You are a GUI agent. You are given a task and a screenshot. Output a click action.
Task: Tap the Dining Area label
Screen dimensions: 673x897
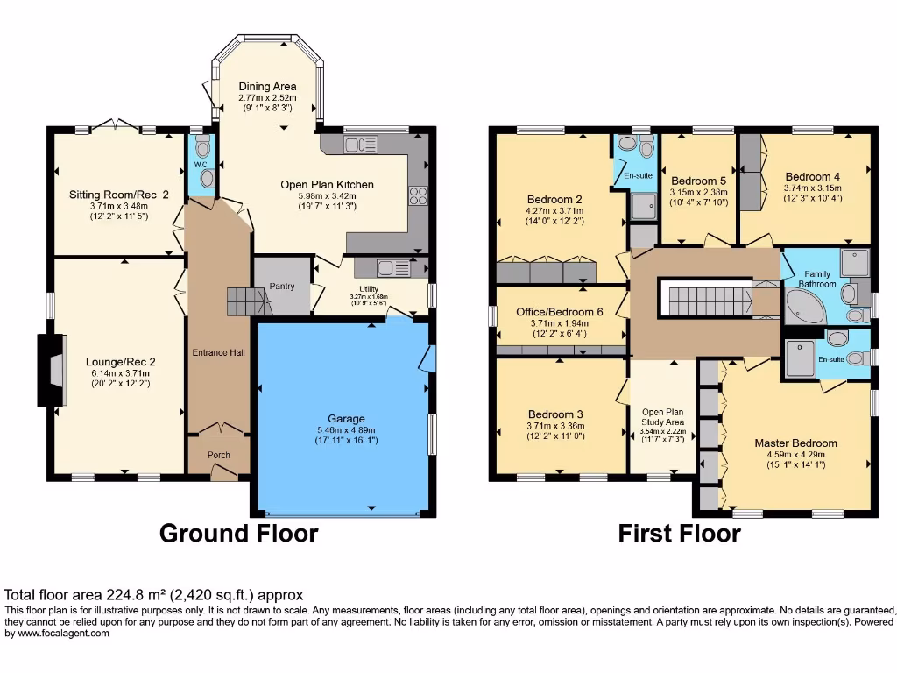(267, 86)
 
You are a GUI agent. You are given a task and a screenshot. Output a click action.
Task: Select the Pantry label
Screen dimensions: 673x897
(282, 287)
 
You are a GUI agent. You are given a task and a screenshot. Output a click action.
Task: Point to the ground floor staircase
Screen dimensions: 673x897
(246, 302)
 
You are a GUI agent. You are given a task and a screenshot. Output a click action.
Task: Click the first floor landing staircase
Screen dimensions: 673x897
(704, 300)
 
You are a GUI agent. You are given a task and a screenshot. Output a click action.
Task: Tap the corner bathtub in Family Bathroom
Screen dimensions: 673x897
(805, 308)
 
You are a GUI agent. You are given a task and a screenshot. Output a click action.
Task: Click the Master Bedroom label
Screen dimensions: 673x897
(795, 443)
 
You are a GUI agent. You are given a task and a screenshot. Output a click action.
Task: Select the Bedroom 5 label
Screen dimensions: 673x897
(698, 181)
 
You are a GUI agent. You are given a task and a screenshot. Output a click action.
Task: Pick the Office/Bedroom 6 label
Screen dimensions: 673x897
(560, 311)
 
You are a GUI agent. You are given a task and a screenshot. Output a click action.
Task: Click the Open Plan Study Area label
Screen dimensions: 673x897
(662, 417)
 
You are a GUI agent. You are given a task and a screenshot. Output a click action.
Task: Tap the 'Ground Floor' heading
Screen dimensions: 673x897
(238, 533)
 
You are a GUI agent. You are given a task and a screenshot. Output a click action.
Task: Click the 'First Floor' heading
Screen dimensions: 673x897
(679, 533)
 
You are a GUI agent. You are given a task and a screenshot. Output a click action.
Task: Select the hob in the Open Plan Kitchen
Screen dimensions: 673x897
(417, 195)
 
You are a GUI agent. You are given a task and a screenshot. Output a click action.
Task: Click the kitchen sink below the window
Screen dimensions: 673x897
(360, 144)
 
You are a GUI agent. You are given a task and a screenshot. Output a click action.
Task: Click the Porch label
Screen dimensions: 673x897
(218, 456)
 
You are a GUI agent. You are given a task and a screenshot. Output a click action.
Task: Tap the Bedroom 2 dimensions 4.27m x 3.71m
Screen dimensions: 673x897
(554, 210)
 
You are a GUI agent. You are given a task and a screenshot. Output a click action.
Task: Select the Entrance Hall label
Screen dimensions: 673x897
(218, 352)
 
